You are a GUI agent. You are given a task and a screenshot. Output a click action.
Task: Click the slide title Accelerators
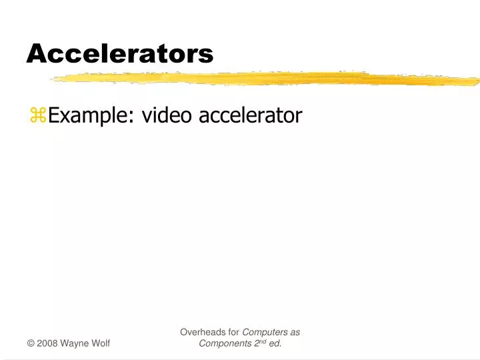[120, 53]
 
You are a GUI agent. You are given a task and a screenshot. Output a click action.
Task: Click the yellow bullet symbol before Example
[37, 116]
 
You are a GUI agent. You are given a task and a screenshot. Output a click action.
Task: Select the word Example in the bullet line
[91, 116]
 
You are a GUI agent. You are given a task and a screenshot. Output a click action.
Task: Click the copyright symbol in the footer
[31, 343]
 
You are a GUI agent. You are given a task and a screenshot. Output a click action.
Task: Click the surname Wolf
[100, 343]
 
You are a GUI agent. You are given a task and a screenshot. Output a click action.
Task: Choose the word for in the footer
[233, 331]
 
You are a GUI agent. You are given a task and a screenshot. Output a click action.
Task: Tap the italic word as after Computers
[295, 332]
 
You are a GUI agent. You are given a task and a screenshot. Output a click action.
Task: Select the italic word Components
[224, 343]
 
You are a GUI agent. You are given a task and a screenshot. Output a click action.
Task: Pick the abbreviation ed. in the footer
[274, 343]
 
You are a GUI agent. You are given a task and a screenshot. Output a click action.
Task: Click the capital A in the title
[35, 53]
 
